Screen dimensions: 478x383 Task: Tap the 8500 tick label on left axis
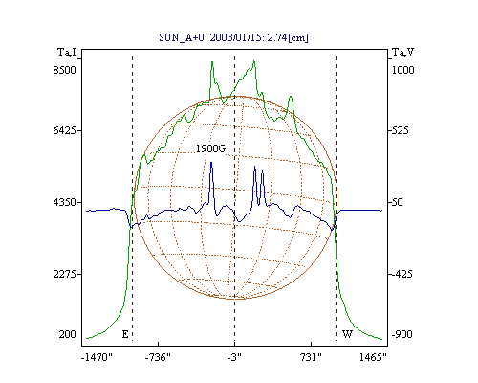click(x=65, y=70)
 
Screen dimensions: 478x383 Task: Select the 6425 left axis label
click(x=65, y=130)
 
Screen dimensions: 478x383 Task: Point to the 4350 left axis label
click(x=65, y=202)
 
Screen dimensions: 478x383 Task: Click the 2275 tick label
click(x=65, y=274)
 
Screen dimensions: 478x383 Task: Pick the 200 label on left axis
click(x=67, y=334)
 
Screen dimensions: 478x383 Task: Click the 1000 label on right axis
click(x=402, y=70)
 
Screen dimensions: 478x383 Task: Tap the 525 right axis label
click(x=400, y=130)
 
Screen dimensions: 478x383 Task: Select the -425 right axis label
click(x=402, y=274)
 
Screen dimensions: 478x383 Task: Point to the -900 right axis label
click(x=402, y=334)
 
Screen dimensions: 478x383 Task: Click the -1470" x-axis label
click(x=98, y=357)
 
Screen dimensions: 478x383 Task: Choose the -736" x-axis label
click(x=158, y=357)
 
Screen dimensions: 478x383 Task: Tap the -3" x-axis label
click(x=234, y=357)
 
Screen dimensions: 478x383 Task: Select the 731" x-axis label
click(x=311, y=357)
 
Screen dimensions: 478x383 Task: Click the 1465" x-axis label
click(x=373, y=357)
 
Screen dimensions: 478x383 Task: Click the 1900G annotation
click(x=210, y=148)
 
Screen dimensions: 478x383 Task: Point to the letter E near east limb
click(x=125, y=334)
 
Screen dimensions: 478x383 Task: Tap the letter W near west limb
click(x=347, y=334)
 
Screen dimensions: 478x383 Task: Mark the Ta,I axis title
click(x=67, y=52)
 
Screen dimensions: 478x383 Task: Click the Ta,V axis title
click(x=402, y=52)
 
